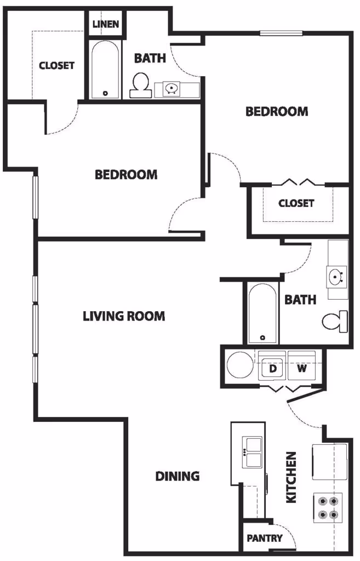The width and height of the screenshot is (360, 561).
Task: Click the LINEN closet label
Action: point(106,24)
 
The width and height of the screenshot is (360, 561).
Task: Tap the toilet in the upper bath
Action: point(141,85)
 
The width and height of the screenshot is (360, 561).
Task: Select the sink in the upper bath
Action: point(172,88)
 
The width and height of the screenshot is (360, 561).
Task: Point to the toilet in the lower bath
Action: point(334,321)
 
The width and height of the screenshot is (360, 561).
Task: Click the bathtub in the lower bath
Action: point(262,313)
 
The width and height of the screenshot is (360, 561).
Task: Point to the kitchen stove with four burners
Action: point(328,507)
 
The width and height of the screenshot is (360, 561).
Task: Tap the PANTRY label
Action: point(264,538)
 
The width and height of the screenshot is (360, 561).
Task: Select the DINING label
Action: point(177,476)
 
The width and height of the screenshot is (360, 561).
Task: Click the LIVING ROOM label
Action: point(124,316)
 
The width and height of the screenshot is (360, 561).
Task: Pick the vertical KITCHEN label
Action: point(292,477)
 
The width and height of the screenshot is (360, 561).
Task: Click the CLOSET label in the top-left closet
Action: point(56,65)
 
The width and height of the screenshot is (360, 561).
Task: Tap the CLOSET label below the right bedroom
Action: point(296,203)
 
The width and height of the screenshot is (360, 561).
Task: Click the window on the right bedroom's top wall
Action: point(281,32)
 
